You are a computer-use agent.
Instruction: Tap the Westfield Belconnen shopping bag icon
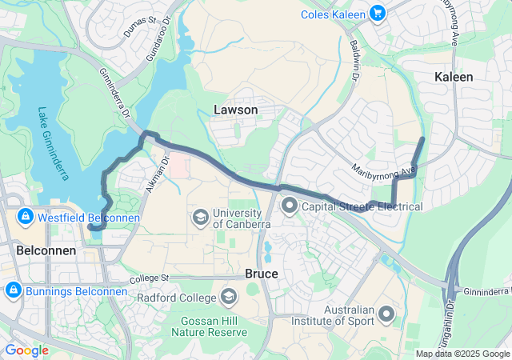[x=25, y=217]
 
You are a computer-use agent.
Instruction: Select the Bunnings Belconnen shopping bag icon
[x=12, y=290]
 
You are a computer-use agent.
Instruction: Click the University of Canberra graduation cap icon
[x=200, y=217]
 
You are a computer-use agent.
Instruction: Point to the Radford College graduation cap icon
[x=230, y=298]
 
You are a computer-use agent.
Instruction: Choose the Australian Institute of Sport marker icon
[x=387, y=314]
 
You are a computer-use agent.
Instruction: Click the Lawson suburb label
[x=236, y=109]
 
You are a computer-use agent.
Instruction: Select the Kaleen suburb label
[x=454, y=77]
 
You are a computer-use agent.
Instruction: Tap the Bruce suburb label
[x=262, y=274]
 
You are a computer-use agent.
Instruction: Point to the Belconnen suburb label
[x=46, y=250]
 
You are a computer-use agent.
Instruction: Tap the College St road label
[x=151, y=278]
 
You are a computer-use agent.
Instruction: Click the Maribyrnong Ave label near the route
[x=385, y=170]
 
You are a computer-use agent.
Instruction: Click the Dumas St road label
[x=139, y=27]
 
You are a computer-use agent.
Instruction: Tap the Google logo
[x=27, y=350]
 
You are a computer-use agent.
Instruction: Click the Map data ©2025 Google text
[x=462, y=354]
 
